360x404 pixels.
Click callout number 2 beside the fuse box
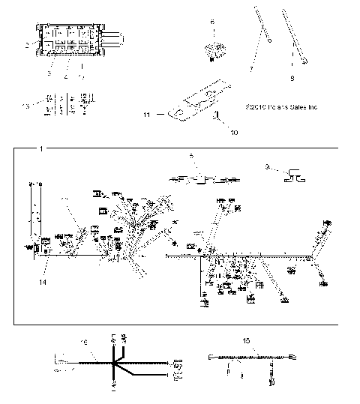click(x=27, y=46)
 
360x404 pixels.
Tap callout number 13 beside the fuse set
click(x=25, y=107)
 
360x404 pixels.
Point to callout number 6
click(x=212, y=23)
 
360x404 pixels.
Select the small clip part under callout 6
click(x=214, y=50)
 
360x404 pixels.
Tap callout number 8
click(x=292, y=76)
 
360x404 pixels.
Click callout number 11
click(x=148, y=115)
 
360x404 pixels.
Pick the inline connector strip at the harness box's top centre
click(x=202, y=180)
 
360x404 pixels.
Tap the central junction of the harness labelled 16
click(x=113, y=366)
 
